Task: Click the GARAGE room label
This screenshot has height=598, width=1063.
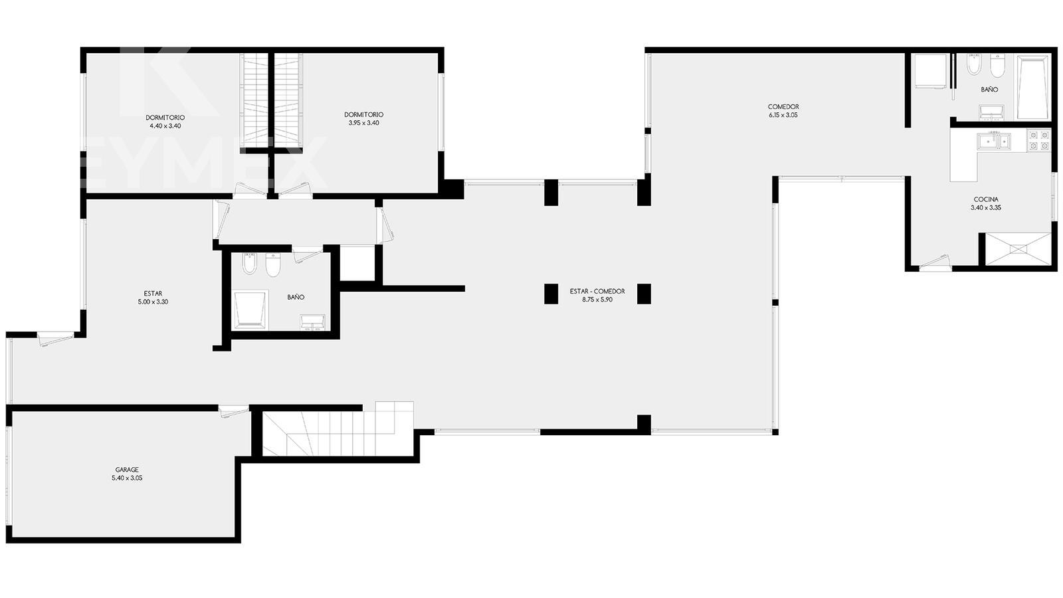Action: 127,470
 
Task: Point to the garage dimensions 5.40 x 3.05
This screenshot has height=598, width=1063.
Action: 127,478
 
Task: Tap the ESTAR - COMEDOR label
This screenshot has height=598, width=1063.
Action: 597,292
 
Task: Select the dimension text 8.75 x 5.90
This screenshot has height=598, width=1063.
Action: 597,300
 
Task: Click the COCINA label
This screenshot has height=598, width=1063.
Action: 986,199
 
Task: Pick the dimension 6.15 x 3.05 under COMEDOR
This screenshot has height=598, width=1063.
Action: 783,115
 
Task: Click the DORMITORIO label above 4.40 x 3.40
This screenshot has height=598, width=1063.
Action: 165,117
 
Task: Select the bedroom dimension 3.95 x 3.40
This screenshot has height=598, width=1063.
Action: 363,123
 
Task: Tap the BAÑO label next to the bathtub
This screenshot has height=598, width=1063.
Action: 989,89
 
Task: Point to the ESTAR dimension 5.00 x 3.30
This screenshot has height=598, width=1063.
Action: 153,302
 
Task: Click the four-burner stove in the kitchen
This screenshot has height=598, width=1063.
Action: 1038,140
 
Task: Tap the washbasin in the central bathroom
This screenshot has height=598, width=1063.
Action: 312,322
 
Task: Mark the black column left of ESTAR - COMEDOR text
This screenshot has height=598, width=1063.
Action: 551,294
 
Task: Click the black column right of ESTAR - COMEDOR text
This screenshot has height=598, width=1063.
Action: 644,294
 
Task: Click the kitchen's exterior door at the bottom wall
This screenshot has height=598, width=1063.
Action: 934,262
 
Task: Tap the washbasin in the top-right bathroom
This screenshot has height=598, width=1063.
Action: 991,112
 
